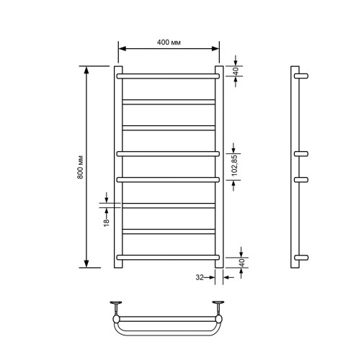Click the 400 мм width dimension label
point(169,42)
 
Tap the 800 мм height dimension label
point(80,167)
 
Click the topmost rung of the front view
point(169,75)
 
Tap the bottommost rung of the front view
point(169,257)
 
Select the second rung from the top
point(169,101)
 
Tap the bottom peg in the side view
point(303,257)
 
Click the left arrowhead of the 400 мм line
point(122,49)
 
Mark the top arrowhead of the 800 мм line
point(87,71)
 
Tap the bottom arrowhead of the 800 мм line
point(87,264)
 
